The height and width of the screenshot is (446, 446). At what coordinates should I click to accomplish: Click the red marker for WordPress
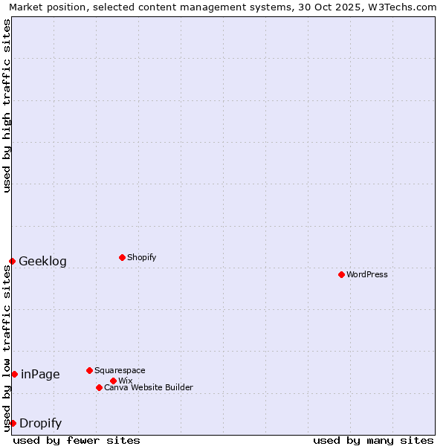(341, 274)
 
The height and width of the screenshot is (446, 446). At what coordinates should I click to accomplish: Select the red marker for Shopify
(122, 257)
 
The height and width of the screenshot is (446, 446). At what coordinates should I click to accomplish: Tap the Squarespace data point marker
(89, 370)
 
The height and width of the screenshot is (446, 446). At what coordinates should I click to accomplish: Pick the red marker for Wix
(113, 381)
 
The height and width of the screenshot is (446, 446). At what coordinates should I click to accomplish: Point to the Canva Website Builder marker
(99, 387)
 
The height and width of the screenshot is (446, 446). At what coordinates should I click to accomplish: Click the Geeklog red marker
(12, 261)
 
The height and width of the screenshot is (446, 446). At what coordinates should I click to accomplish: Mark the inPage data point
(14, 374)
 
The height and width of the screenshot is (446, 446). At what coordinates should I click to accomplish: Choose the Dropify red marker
(13, 423)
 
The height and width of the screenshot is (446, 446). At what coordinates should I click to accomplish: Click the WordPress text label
(367, 274)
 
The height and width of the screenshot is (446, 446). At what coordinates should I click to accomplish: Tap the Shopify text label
(141, 257)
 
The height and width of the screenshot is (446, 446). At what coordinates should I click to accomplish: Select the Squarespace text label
(120, 370)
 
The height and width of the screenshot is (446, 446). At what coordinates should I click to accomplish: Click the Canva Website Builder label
(149, 387)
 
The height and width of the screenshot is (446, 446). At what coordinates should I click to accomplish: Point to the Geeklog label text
(42, 261)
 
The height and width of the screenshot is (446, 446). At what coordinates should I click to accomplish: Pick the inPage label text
(40, 374)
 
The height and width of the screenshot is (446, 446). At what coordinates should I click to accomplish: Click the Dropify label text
(40, 424)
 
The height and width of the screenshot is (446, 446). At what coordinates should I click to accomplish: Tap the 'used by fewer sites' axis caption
(77, 440)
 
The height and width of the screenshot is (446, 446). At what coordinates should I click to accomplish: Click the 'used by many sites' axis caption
(373, 440)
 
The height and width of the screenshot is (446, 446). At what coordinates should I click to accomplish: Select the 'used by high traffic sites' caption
(7, 106)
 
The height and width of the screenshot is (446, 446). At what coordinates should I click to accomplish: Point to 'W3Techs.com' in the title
(405, 7)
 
